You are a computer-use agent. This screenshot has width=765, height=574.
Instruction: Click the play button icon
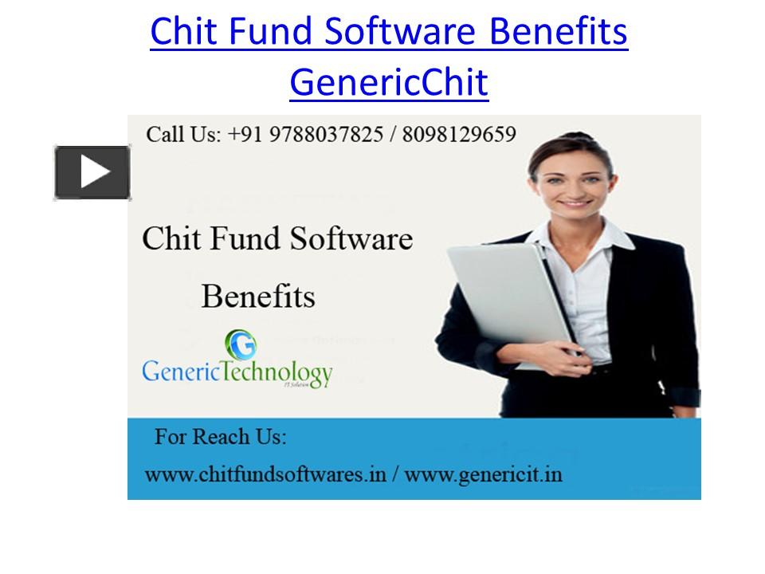click(92, 172)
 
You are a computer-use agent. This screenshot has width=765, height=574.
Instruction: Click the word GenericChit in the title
click(388, 82)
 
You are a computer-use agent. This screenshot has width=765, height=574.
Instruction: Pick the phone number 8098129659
click(459, 134)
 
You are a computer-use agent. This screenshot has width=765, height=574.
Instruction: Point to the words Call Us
click(183, 134)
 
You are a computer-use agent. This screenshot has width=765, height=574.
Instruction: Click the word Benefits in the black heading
click(257, 296)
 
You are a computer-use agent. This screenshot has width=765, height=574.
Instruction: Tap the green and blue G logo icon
click(240, 344)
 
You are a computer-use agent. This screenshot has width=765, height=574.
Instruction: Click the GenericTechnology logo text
click(237, 373)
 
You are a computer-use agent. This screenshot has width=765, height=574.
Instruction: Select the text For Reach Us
click(220, 438)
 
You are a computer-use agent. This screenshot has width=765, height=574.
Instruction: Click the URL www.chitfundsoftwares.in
click(265, 474)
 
